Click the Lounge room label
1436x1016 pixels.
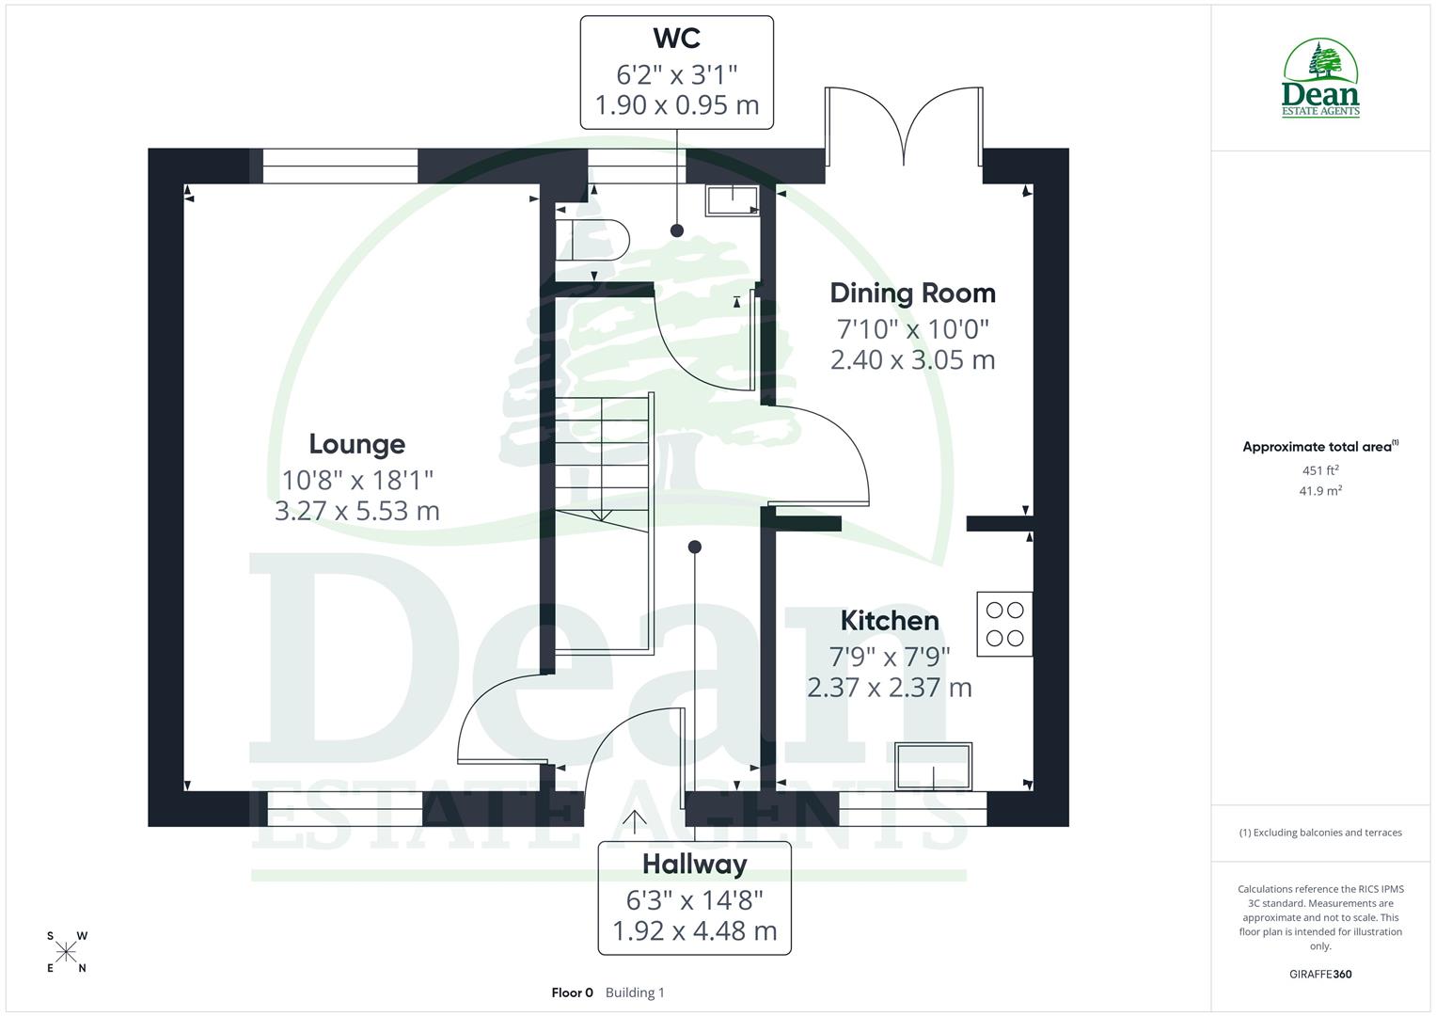pos(356,444)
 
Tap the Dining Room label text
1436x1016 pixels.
pos(912,294)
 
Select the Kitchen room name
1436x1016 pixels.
pos(889,621)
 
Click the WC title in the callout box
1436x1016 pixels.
pos(676,39)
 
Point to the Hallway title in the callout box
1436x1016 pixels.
pos(694,864)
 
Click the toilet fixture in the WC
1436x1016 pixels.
pos(592,240)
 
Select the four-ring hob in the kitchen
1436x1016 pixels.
pos(1004,624)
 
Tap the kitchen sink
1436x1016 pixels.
pos(933,767)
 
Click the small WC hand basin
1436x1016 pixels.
pos(733,201)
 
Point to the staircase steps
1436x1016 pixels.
pos(601,452)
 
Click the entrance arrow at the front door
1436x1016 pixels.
pos(635,820)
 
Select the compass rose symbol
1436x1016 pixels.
pos(67,952)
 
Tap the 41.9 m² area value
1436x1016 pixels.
pos(1320,490)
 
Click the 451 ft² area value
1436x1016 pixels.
pos(1320,470)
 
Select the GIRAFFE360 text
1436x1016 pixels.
pos(1320,974)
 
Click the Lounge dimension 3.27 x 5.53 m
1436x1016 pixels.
pos(356,511)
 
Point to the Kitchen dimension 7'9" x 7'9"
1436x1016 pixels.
pos(889,655)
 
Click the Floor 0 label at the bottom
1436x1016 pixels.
pos(572,992)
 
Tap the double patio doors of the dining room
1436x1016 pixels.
pos(904,127)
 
